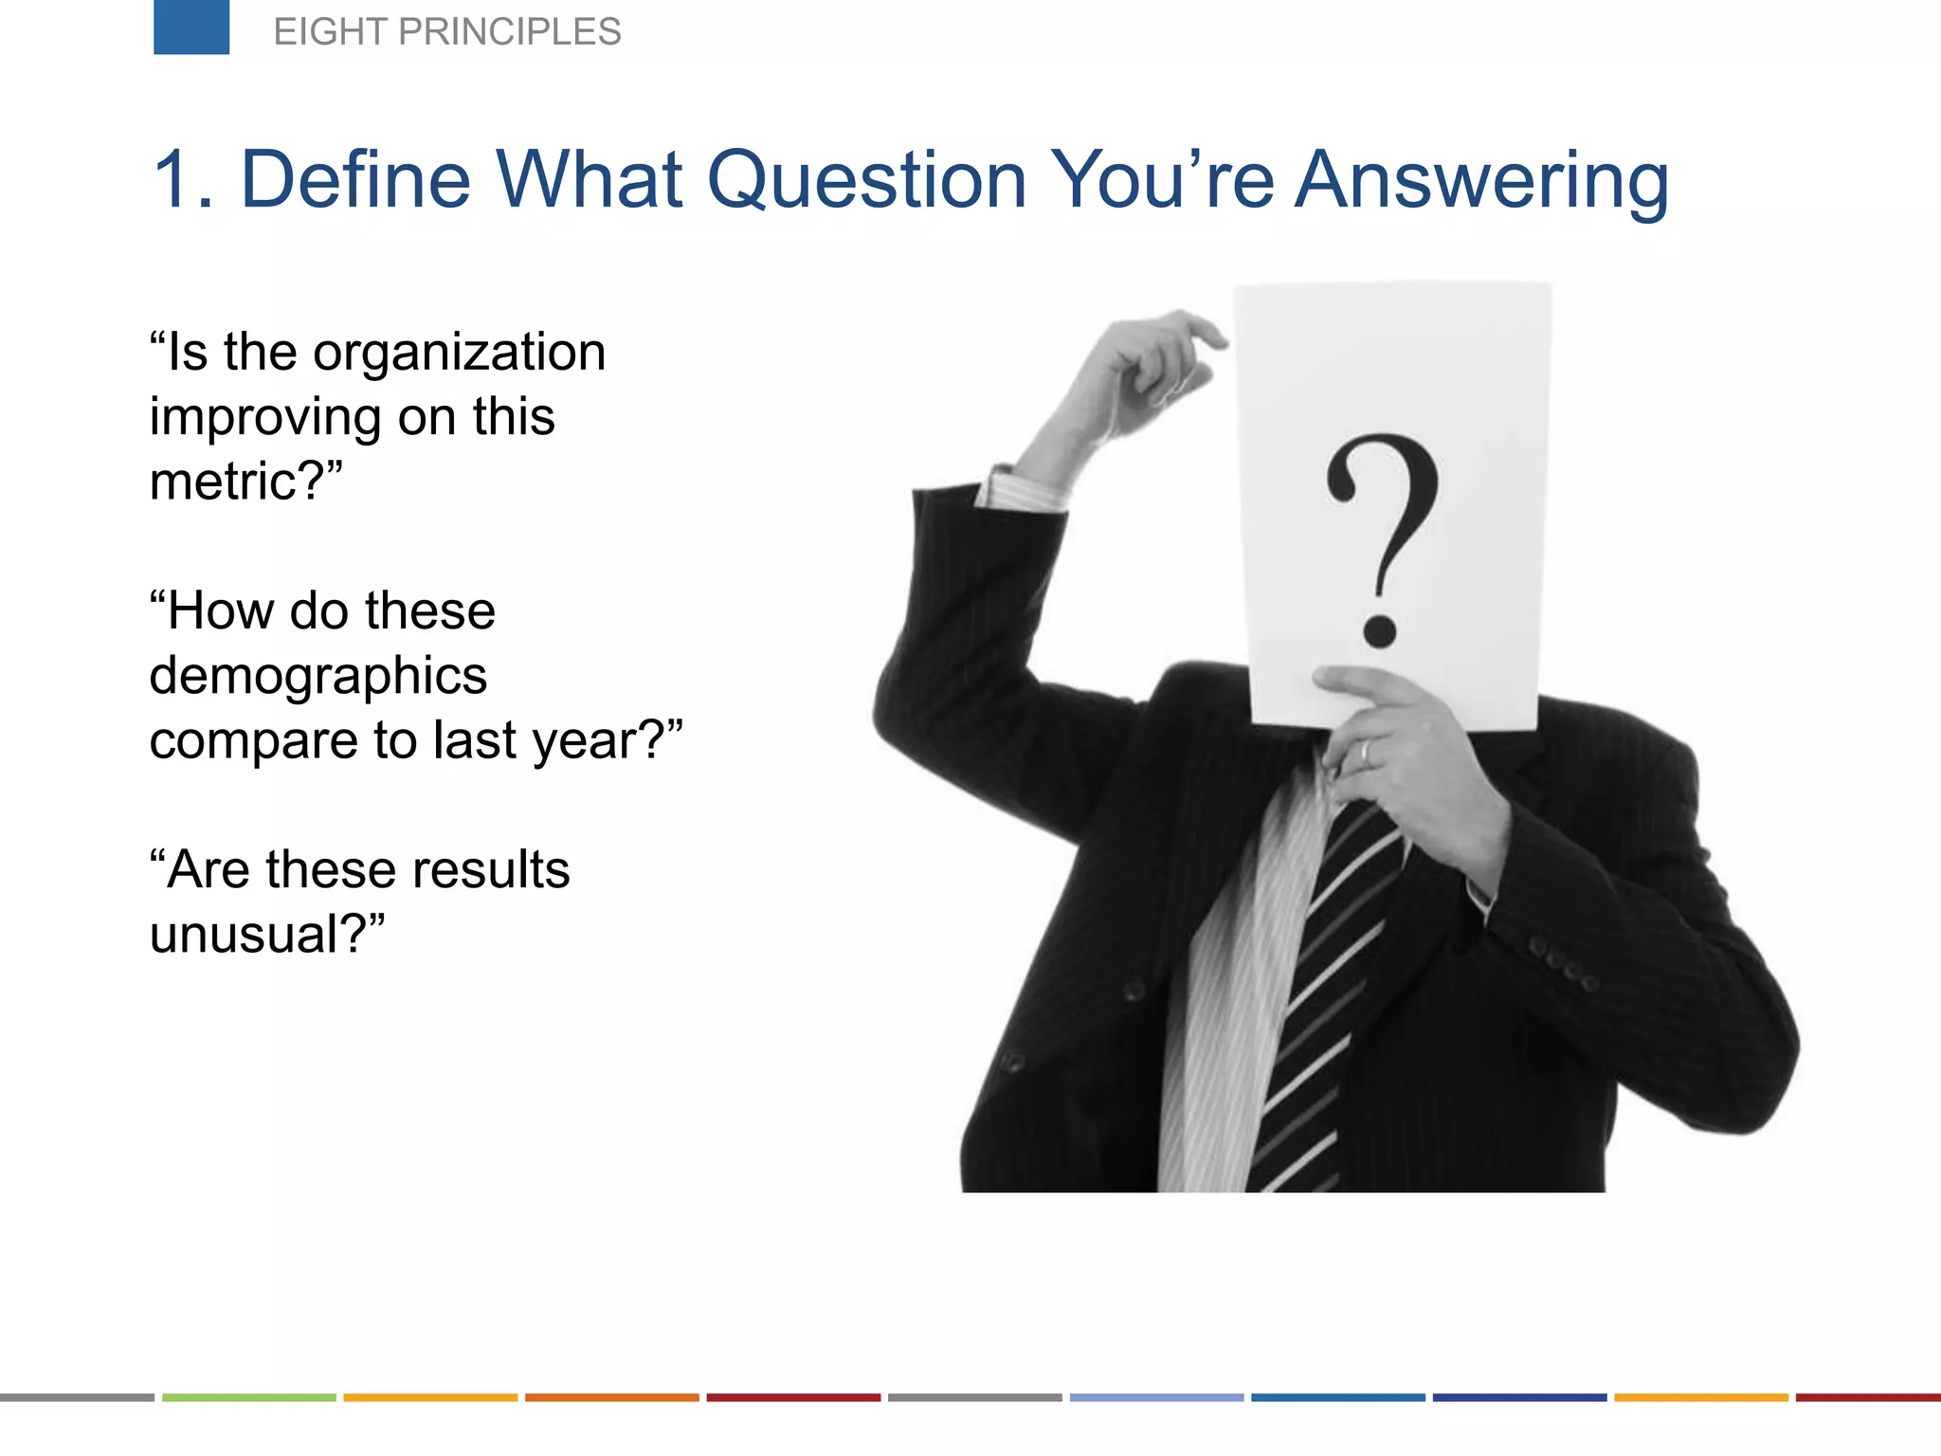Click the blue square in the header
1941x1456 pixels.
(191, 27)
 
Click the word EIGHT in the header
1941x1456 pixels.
(331, 32)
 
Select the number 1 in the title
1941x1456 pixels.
(174, 180)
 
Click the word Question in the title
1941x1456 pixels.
(867, 180)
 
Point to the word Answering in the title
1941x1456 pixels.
(1481, 180)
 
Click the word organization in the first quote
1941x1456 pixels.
(460, 353)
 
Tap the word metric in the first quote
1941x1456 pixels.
(224, 482)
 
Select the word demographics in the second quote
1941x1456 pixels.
(318, 676)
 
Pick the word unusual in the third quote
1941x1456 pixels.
(244, 935)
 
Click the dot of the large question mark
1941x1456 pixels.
(1379, 630)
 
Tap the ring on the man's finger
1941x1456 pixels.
(1367, 753)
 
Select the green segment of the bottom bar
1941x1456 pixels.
(249, 1397)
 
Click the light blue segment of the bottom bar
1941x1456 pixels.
(1156, 1397)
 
